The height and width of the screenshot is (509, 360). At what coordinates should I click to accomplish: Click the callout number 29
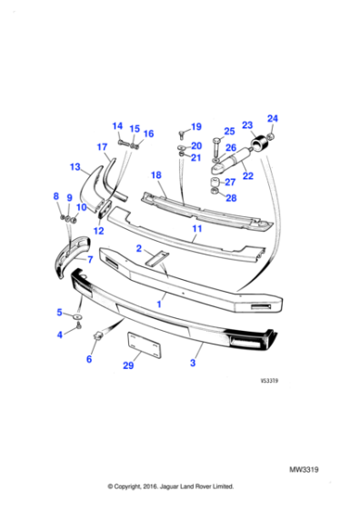pos(129,365)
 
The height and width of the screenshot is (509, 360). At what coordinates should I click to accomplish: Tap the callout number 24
pos(273,117)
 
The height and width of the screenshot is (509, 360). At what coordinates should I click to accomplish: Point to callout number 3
pos(193,363)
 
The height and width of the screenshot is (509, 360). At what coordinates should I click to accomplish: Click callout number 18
pos(156,175)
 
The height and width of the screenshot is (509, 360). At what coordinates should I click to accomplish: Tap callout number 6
pos(89,360)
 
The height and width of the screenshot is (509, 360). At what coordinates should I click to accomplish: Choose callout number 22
pos(246,175)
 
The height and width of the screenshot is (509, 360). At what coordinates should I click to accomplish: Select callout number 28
pos(231,197)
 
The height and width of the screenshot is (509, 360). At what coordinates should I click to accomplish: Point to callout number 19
pos(195,126)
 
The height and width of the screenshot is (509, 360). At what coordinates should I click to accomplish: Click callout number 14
pos(117,126)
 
